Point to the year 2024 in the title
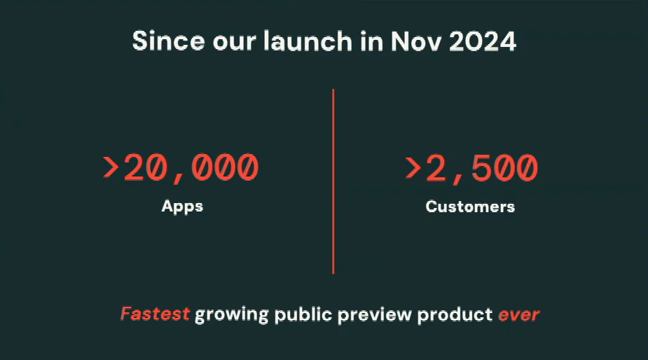tap(483, 41)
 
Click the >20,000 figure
tap(181, 168)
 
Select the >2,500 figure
tap(471, 168)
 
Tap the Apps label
tap(182, 207)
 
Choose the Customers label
tap(470, 207)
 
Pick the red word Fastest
tap(155, 314)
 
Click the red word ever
tap(518, 314)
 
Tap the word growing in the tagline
tap(231, 315)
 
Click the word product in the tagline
tap(455, 315)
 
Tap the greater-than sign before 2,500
tap(413, 168)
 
